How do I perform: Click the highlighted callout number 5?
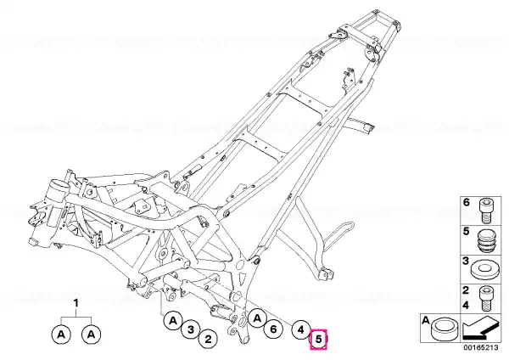coord(318,340)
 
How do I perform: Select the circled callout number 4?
coord(300,330)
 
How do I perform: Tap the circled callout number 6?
coord(273,329)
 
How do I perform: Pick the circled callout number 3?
coord(191,329)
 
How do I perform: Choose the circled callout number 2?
coord(208,340)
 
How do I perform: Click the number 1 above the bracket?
coord(76,303)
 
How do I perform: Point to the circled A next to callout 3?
coord(173,321)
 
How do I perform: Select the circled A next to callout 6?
coord(257,318)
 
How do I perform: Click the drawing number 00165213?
coord(480,347)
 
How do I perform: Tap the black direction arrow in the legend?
coord(480,328)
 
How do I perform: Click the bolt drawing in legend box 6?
coord(486,211)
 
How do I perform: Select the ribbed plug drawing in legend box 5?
coord(486,240)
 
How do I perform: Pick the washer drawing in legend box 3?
coord(485,269)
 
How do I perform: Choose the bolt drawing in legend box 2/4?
coord(486,298)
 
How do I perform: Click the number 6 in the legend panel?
coord(466,202)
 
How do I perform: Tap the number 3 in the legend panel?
coord(466,261)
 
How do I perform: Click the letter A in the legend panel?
coord(426,321)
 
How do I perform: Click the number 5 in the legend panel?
coord(466,232)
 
